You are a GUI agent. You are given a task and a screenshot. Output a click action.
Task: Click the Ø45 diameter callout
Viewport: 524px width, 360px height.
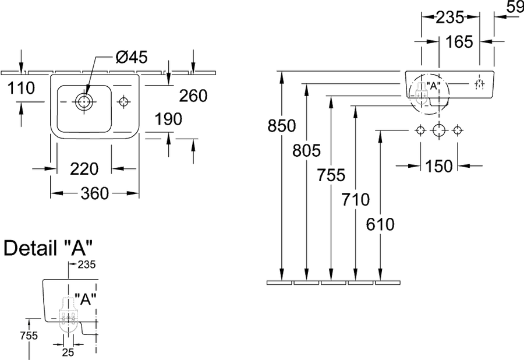coord(132,57)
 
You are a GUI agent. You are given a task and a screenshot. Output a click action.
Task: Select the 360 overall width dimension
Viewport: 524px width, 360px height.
coord(95,193)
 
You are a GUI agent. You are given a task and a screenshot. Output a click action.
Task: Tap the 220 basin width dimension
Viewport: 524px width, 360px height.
coord(84,169)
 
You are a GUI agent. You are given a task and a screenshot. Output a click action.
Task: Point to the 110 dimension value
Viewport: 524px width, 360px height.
coord(21,88)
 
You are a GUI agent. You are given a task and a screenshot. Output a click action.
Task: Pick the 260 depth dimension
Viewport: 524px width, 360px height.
coord(193,96)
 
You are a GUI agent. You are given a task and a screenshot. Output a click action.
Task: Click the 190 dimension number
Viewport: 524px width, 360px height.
coord(168,119)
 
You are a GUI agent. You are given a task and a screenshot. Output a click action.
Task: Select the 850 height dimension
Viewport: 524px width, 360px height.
coord(282,126)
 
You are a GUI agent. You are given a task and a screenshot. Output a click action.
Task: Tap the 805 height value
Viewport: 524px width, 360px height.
coord(306,150)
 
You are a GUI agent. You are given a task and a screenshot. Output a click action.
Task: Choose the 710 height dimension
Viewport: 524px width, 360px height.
coord(356,200)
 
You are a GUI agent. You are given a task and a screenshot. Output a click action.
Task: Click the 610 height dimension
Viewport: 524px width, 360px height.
coord(380,224)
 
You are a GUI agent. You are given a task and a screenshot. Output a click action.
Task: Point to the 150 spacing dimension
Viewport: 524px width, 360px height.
coord(439,166)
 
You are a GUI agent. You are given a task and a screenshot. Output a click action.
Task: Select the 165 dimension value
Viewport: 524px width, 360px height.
coord(459,42)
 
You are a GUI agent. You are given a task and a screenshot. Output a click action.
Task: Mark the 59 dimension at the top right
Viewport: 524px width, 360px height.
coord(515,6)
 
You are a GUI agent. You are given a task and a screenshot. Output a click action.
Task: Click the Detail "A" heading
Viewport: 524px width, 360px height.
coord(48,248)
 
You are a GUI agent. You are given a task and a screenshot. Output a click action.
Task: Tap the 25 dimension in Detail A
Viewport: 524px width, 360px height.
coord(68,352)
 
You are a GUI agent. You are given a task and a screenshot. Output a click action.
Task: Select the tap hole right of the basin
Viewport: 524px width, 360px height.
coord(123,101)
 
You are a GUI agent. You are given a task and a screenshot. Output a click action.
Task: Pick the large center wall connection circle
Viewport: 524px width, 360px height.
coord(438,130)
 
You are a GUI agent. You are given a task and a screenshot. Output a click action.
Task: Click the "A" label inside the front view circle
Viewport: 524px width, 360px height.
coord(433,86)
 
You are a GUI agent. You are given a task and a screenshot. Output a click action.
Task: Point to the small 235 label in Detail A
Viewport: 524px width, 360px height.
coord(87,264)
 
